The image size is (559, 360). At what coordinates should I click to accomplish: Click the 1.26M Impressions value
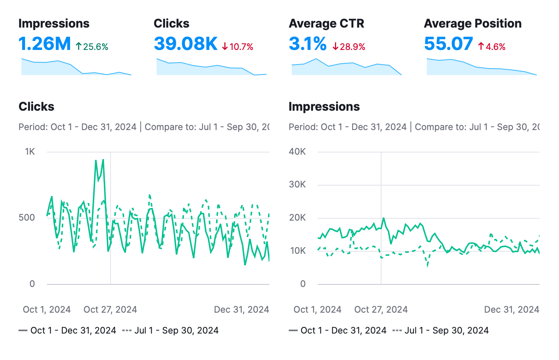[44, 44]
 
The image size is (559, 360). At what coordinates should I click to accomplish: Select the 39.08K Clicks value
[186, 44]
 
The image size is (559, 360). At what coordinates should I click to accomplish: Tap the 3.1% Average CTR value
[307, 44]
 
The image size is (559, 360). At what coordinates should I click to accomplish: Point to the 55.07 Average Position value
[448, 44]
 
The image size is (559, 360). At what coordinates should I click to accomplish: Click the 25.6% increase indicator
[92, 47]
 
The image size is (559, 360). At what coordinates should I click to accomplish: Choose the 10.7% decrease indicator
[238, 47]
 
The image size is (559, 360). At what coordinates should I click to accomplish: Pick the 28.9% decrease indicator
[349, 47]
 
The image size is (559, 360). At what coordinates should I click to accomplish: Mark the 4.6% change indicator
[492, 47]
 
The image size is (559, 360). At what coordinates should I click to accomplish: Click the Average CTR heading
[326, 23]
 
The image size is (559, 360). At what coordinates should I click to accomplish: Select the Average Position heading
[473, 23]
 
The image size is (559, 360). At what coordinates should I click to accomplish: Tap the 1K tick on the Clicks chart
[30, 152]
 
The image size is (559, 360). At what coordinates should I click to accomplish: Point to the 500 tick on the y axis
[27, 218]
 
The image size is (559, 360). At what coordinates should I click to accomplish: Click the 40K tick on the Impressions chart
[297, 152]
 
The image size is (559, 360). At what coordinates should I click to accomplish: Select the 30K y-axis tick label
[297, 184]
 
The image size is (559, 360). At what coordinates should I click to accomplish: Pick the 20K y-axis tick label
[297, 218]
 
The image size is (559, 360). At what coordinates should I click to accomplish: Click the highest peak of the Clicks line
[103, 160]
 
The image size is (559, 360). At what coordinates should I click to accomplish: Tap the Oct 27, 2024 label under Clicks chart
[110, 310]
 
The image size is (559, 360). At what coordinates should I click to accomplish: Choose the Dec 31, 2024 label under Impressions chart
[511, 310]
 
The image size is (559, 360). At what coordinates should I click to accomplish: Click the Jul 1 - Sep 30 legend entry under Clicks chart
[171, 331]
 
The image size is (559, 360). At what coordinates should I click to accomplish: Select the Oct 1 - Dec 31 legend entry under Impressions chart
[338, 331]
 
